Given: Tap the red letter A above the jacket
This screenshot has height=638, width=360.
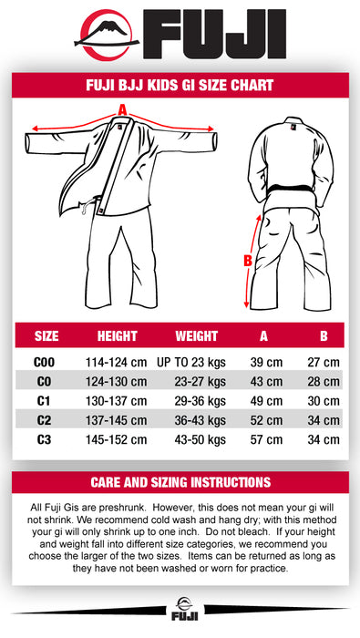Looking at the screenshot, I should pyautogui.click(x=122, y=111).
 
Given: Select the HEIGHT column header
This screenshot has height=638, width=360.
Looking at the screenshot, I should pyautogui.click(x=117, y=336).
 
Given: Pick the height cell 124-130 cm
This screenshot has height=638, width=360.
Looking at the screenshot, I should pyautogui.click(x=117, y=381).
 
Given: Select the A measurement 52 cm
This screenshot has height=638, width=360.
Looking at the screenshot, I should pyautogui.click(x=266, y=420).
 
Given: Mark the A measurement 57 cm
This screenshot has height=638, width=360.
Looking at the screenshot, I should pyautogui.click(x=266, y=439).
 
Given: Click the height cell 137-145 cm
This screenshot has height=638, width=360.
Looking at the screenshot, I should pyautogui.click(x=117, y=420).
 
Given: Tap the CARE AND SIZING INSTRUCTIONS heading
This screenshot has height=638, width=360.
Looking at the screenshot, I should pyautogui.click(x=180, y=482).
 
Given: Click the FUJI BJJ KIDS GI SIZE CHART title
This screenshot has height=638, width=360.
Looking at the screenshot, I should pyautogui.click(x=180, y=86).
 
